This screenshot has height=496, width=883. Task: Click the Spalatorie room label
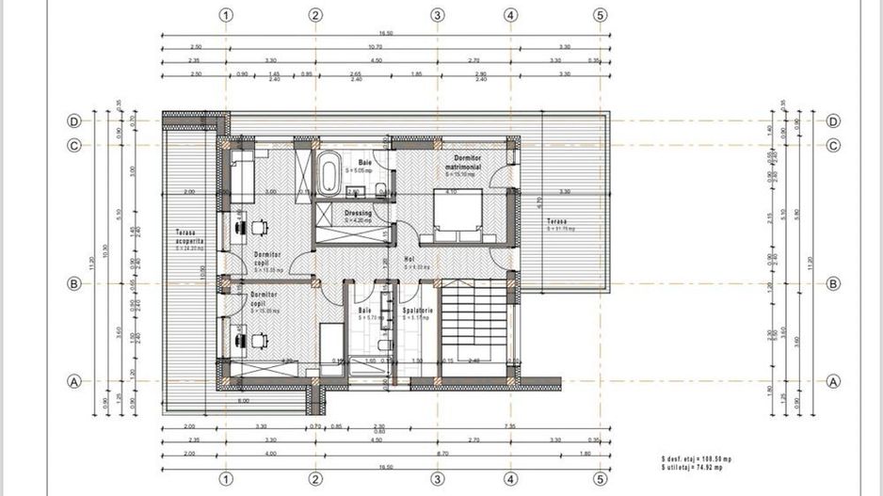418,311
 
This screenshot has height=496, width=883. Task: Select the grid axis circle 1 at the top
226,15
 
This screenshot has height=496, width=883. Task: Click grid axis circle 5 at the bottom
600,479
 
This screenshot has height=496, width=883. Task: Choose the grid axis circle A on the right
833,381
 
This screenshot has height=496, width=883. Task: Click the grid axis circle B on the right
833,283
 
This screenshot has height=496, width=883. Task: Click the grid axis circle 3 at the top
437,15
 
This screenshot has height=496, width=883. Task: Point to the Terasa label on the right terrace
557,223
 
